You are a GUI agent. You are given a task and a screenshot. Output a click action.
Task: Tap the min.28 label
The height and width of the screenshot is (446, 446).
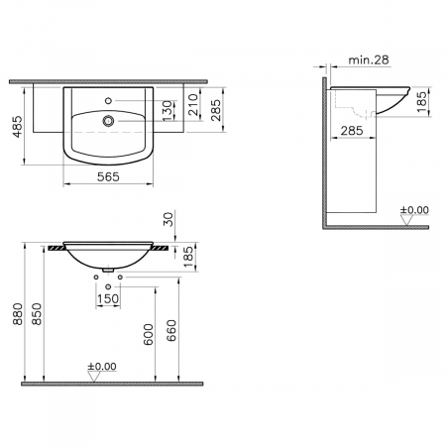[x=369, y=60]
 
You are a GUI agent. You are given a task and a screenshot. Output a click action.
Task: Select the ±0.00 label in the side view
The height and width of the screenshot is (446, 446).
[x=414, y=210]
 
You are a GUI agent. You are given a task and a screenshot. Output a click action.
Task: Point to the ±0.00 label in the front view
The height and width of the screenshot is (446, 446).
[x=102, y=367]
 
